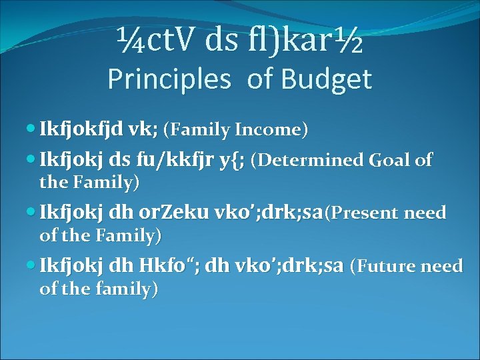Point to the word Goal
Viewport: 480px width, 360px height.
click(387, 161)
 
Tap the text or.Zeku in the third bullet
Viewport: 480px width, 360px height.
click(169, 213)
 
